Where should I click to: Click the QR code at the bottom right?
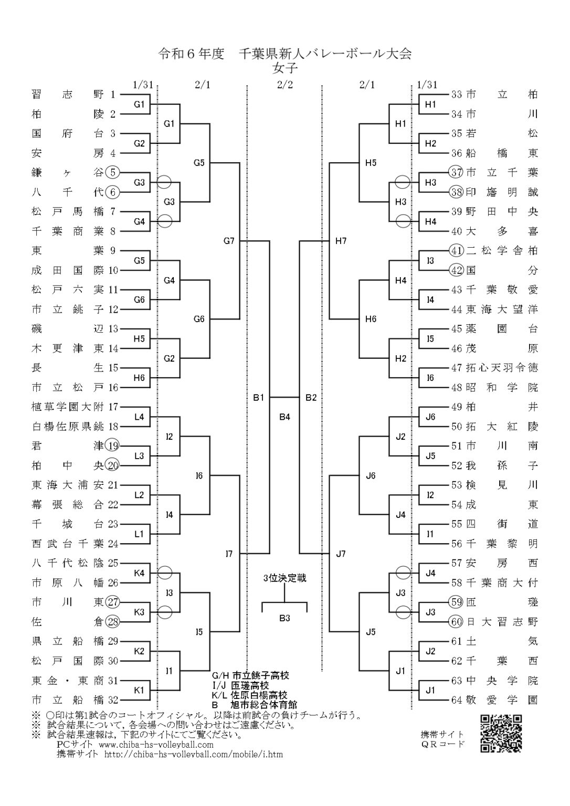point(501,734)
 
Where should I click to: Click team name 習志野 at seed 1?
point(68,94)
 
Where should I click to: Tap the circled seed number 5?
point(113,172)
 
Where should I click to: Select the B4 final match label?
point(284,417)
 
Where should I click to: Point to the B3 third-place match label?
point(284,618)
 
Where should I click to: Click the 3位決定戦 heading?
point(284,578)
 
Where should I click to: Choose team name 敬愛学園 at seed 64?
point(502,700)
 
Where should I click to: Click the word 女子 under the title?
point(284,67)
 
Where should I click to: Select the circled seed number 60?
point(457,622)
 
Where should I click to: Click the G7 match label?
point(229,241)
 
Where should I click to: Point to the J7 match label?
point(340,553)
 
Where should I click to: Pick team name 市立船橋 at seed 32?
point(68,700)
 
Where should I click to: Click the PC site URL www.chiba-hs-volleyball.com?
point(156,745)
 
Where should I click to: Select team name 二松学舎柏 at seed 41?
point(502,251)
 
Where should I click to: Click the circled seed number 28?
point(113,622)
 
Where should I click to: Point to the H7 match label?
point(341,241)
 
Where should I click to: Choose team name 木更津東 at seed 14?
point(68,348)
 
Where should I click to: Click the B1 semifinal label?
point(258,398)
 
